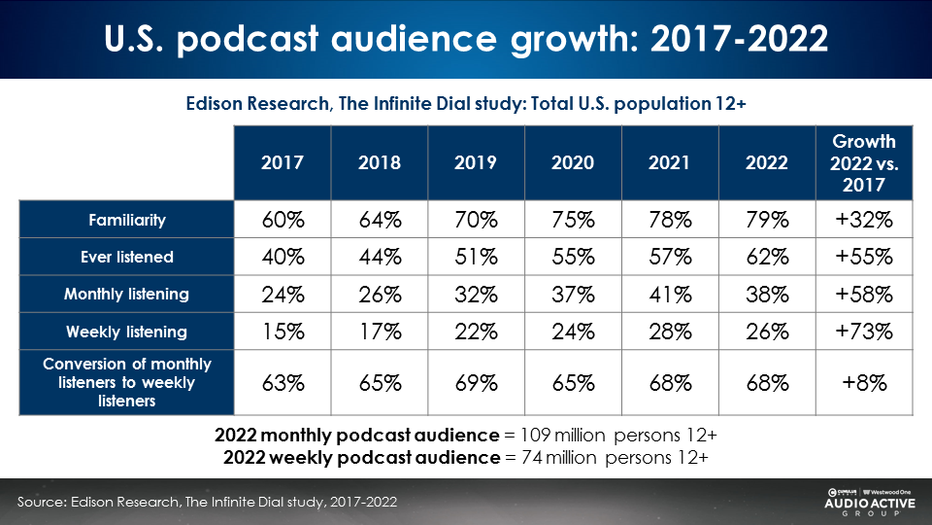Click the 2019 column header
click(x=476, y=163)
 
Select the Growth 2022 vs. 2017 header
click(x=864, y=163)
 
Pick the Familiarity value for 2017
click(x=283, y=221)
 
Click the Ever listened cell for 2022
click(x=767, y=258)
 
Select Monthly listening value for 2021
click(x=670, y=294)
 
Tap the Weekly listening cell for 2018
click(x=379, y=332)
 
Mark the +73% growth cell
click(x=864, y=332)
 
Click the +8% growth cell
click(x=864, y=382)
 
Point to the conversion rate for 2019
click(x=476, y=382)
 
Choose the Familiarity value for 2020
click(x=573, y=221)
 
